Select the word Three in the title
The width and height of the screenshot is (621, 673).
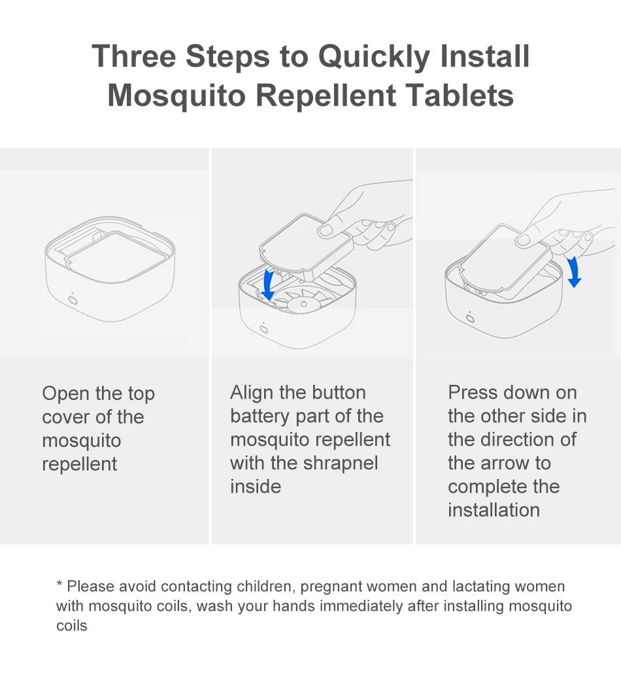[x=134, y=56]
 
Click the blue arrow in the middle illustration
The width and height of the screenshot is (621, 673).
[x=269, y=285]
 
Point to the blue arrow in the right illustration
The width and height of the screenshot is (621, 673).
[x=574, y=272]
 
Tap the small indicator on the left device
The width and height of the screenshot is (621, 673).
[x=73, y=299]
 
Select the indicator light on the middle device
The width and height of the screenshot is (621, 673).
[x=263, y=328]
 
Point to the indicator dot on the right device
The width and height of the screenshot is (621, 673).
[x=470, y=318]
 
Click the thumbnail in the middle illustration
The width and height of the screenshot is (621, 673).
[x=325, y=230]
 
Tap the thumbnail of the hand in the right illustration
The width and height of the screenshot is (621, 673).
[x=523, y=240]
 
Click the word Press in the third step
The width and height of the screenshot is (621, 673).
[x=473, y=392]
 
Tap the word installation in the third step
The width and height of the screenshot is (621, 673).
[x=494, y=510]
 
